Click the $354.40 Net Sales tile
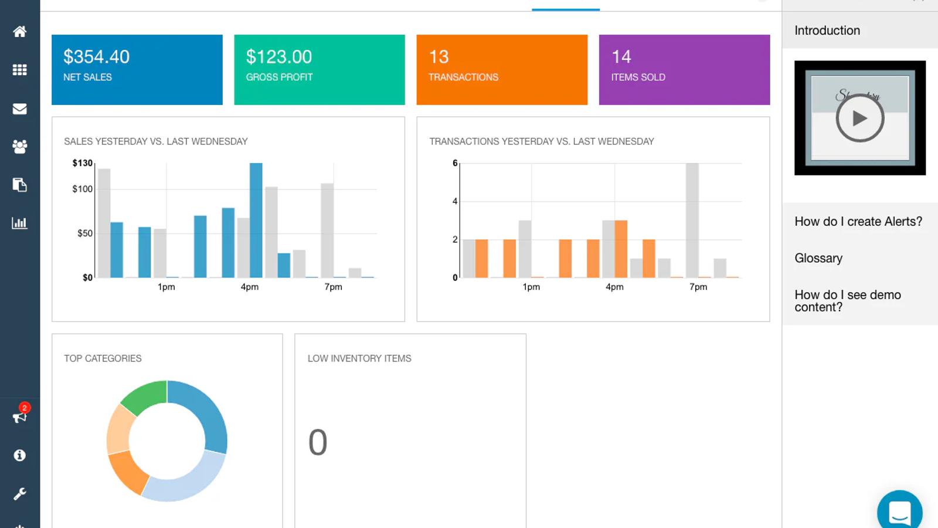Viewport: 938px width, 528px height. coord(137,70)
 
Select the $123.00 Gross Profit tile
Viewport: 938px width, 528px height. coord(319,70)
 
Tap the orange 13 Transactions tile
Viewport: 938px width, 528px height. coord(501,70)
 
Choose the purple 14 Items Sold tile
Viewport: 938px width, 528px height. coord(684,70)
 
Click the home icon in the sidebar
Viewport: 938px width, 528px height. coord(20,32)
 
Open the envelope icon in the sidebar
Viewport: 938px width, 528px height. coord(20,109)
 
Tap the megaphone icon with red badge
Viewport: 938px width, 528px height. coord(20,417)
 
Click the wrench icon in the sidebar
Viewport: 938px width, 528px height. coord(20,494)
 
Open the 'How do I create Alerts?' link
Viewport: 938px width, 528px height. coord(858,222)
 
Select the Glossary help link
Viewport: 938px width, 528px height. coord(818,258)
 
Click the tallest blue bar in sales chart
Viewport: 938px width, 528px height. coord(256,220)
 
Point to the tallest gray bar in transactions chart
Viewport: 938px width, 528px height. coord(692,220)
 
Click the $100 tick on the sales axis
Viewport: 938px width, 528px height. coord(83,189)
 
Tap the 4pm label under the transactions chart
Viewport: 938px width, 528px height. coord(614,287)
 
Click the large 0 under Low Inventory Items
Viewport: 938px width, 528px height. coord(318,442)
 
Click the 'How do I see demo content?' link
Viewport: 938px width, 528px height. coord(847,301)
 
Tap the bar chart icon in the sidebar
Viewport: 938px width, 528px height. coord(20,223)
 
